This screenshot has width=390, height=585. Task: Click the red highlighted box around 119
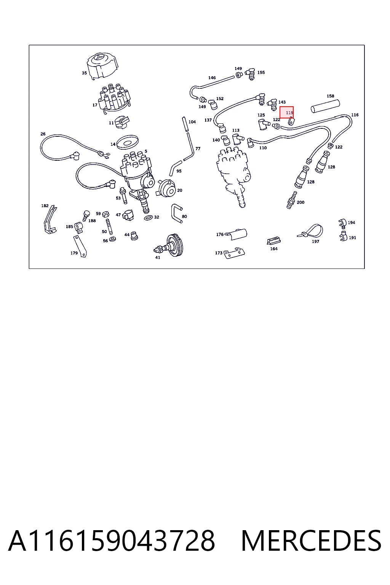pos(286,112)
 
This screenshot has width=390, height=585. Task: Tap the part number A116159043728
pos(112,541)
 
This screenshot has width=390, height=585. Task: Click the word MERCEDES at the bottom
pos(311,541)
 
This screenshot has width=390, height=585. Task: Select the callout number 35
pos(85,73)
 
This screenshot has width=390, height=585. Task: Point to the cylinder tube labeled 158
pos(326,106)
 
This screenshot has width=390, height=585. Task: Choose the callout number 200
pos(300,202)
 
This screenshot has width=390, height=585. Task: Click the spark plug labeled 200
pos(292,200)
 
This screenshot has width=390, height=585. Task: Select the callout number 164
pos(274,249)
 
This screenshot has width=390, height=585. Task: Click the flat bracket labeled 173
pos(234,253)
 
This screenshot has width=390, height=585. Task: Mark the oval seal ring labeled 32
pos(149,217)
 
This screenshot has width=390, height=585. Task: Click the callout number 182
pos(45,206)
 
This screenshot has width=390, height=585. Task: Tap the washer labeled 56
pos(113,239)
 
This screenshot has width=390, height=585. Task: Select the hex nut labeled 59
pos(106,214)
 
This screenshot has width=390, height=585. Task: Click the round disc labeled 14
pos(128,142)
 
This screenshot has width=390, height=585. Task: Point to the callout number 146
pos(212,78)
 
